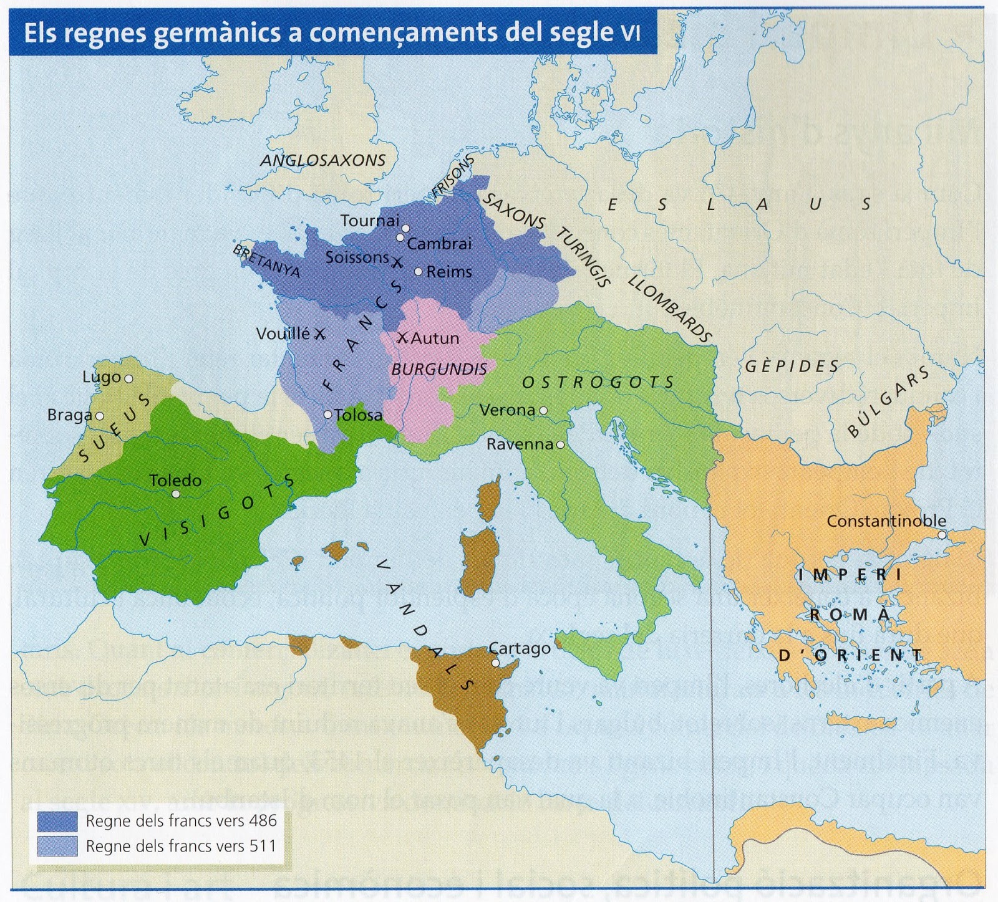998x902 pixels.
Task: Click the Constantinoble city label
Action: [x=886, y=521]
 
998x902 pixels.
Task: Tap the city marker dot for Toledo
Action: [x=176, y=494]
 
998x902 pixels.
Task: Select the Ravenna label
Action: [x=520, y=444]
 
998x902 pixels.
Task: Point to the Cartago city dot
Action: [x=495, y=663]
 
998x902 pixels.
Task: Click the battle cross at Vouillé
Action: [x=319, y=334]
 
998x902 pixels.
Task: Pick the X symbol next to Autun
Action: [x=403, y=338]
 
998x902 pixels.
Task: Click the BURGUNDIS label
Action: [x=438, y=369]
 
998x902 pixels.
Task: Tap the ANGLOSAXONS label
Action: [x=323, y=161]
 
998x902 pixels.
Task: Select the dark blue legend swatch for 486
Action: [x=57, y=821]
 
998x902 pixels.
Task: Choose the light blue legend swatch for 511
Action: [x=57, y=846]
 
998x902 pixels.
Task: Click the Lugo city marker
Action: [x=128, y=378]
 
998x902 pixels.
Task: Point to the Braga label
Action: [x=69, y=415]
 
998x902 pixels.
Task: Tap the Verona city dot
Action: [x=543, y=410]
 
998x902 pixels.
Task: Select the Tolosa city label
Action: [x=358, y=415]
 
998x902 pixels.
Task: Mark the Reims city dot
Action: [x=418, y=272]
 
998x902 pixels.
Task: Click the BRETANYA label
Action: [x=267, y=261]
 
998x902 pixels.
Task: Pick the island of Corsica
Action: [x=490, y=499]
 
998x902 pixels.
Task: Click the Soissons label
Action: [x=357, y=257]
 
